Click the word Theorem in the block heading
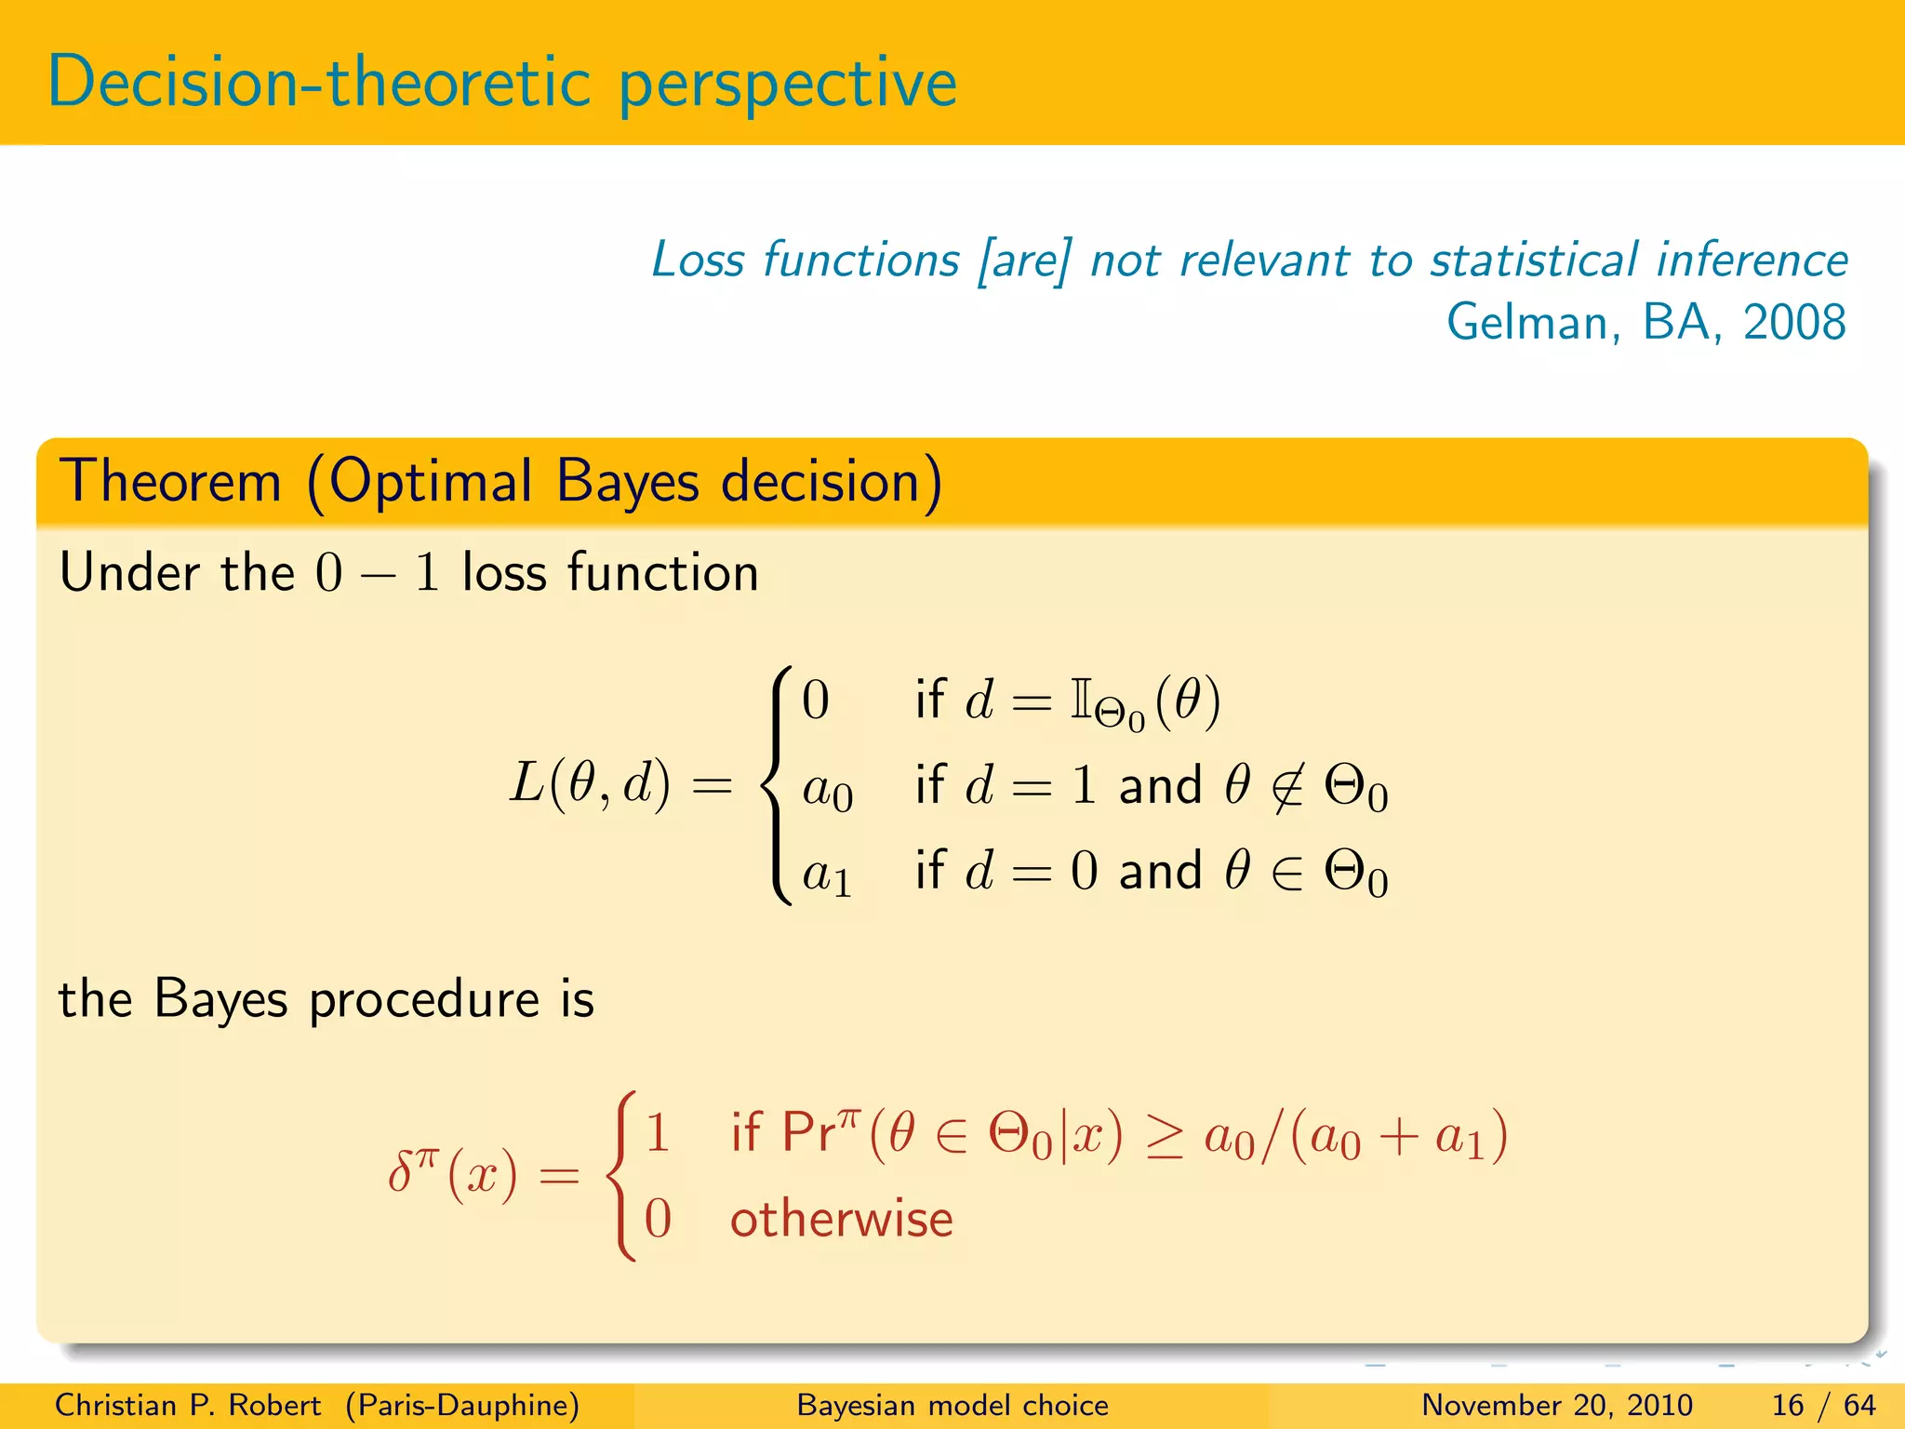pyautogui.click(x=170, y=482)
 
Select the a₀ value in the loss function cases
pyautogui.click(x=827, y=791)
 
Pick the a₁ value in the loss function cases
pyautogui.click(x=827, y=875)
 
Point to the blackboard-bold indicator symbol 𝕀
pyautogui.click(x=1080, y=700)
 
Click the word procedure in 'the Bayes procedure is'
pyautogui.click(x=424, y=1001)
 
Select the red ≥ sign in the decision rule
pyautogui.click(x=1164, y=1137)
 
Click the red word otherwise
pyautogui.click(x=841, y=1219)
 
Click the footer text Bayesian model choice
pyautogui.click(x=952, y=1405)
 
